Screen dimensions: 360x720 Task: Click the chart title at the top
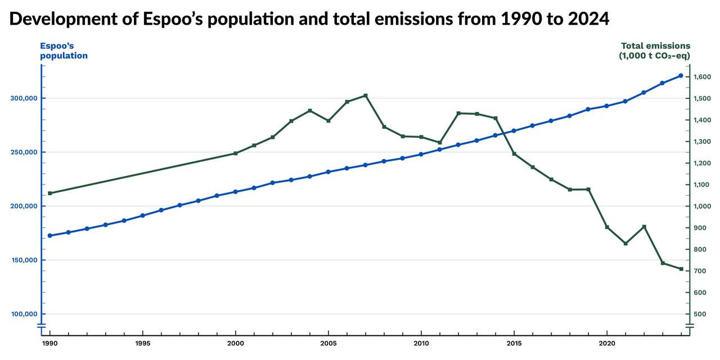click(x=309, y=19)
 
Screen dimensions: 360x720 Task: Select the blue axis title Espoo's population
click(x=64, y=51)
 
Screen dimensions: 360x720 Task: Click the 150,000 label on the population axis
click(x=24, y=260)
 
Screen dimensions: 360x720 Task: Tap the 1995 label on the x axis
click(x=143, y=343)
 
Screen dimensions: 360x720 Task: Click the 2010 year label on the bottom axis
click(x=421, y=343)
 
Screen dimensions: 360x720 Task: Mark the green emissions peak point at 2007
click(x=366, y=96)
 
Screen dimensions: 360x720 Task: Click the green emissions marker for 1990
click(x=50, y=193)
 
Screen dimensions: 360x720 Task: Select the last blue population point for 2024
click(x=681, y=75)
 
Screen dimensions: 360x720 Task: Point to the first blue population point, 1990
click(x=50, y=236)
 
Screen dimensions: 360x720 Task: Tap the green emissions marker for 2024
click(x=681, y=269)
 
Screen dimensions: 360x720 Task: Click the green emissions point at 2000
click(x=236, y=153)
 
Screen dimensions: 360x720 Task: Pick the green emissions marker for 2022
click(x=644, y=227)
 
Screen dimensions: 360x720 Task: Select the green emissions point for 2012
click(x=458, y=113)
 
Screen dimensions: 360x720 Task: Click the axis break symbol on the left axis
click(x=41, y=326)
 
